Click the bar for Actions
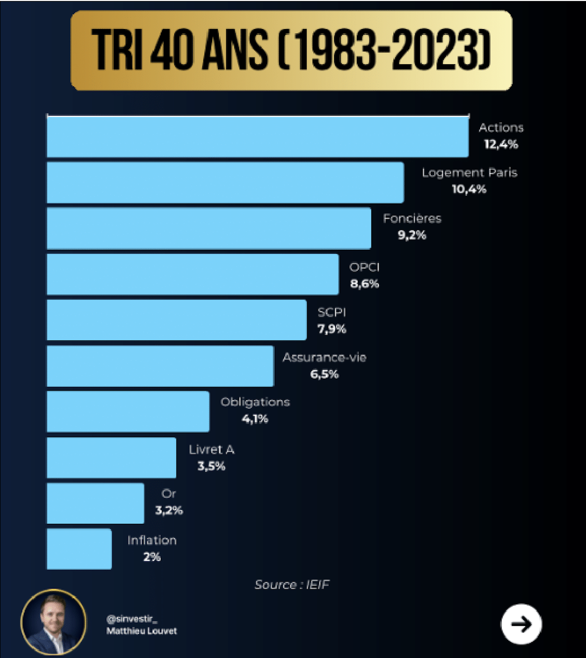click(257, 137)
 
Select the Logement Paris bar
click(225, 182)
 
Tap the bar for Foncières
click(208, 228)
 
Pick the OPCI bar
click(192, 274)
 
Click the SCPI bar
click(176, 320)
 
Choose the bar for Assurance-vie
click(160, 366)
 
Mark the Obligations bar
click(128, 411)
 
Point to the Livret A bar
click(111, 457)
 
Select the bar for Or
click(95, 503)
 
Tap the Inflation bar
click(79, 549)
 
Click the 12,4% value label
click(501, 145)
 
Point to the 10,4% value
click(469, 189)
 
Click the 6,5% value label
click(324, 374)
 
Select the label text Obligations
click(255, 402)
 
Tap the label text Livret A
click(212, 450)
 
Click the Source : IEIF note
click(292, 585)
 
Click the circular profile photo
click(53, 622)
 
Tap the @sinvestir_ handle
click(132, 619)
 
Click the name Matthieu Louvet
click(142, 631)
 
